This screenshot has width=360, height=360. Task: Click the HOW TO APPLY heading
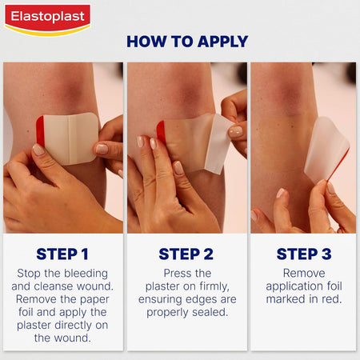pos(187,42)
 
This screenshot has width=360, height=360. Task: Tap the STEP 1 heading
pos(62,254)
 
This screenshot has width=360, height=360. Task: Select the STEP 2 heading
pos(186,254)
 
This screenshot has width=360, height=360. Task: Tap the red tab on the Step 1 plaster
pos(40,133)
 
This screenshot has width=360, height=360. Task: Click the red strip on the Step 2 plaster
pos(161,131)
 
